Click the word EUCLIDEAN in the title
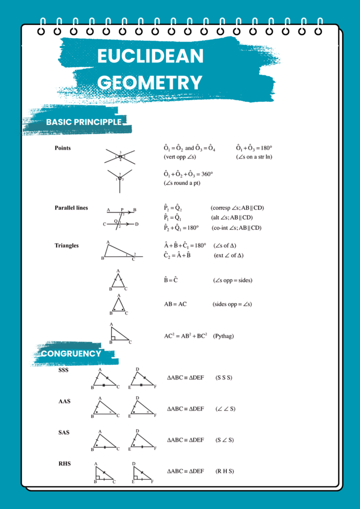[150, 56]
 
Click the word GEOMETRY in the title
[150, 82]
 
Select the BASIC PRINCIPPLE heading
[84, 122]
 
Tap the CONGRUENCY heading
[71, 353]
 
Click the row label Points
[63, 148]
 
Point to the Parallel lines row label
[71, 208]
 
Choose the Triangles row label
[67, 246]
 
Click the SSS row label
[64, 370]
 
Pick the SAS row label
[64, 432]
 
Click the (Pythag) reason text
[223, 336]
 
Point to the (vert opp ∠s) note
[180, 157]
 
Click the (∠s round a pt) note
[181, 183]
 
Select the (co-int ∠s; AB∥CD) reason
[236, 228]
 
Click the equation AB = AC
[175, 304]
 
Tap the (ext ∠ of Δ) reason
[228, 255]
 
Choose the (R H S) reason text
[225, 471]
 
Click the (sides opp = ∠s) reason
[232, 304]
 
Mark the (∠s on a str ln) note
[254, 157]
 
